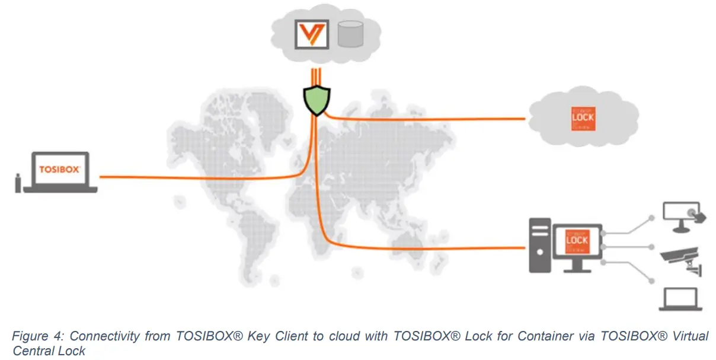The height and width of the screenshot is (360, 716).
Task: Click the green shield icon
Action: click(315, 100)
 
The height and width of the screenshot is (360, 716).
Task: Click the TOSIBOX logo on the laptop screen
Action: click(59, 169)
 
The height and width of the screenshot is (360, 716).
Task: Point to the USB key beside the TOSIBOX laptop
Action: click(18, 182)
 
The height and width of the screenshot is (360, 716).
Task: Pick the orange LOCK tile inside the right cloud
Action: click(582, 119)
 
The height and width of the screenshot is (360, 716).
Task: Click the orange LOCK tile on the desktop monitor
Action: click(577, 241)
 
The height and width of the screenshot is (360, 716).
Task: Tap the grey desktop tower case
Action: click(539, 246)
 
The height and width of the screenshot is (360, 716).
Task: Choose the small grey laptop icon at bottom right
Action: click(680, 300)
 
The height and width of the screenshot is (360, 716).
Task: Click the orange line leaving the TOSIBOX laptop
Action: click(178, 177)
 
